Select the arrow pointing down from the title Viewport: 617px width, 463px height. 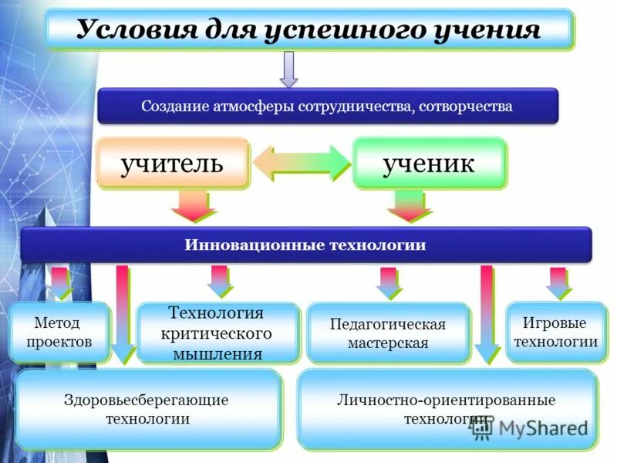288,69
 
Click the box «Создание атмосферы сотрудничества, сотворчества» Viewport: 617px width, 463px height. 327,106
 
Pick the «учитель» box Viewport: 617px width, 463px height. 173,163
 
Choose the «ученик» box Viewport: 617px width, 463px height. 430,163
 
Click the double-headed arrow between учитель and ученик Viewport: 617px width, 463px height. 302,163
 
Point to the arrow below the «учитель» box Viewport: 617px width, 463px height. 193,206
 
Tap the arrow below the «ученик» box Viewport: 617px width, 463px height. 410,206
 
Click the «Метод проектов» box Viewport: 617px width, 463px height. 59,332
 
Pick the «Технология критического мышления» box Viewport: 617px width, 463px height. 217,333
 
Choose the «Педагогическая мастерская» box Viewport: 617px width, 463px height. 388,333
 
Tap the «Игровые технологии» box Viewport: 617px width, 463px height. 555,332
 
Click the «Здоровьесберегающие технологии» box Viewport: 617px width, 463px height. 149,409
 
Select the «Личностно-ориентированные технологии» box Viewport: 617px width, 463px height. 447,409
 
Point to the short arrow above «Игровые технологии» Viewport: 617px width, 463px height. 557,282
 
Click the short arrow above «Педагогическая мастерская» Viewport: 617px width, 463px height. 388,282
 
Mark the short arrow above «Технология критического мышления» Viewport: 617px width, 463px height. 220,281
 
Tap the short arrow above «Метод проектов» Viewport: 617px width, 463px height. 61,282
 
